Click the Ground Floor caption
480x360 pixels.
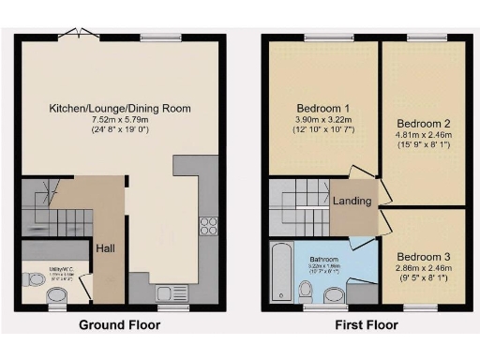click(119, 325)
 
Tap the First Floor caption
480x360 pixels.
click(366, 325)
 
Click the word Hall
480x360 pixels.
click(104, 248)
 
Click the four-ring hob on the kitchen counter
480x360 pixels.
click(207, 226)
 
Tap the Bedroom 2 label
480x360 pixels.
click(423, 123)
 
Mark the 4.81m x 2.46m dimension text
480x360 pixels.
click(423, 136)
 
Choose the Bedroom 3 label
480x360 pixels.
click(423, 256)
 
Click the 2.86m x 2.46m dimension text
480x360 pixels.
click(423, 268)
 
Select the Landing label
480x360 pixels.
click(352, 201)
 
